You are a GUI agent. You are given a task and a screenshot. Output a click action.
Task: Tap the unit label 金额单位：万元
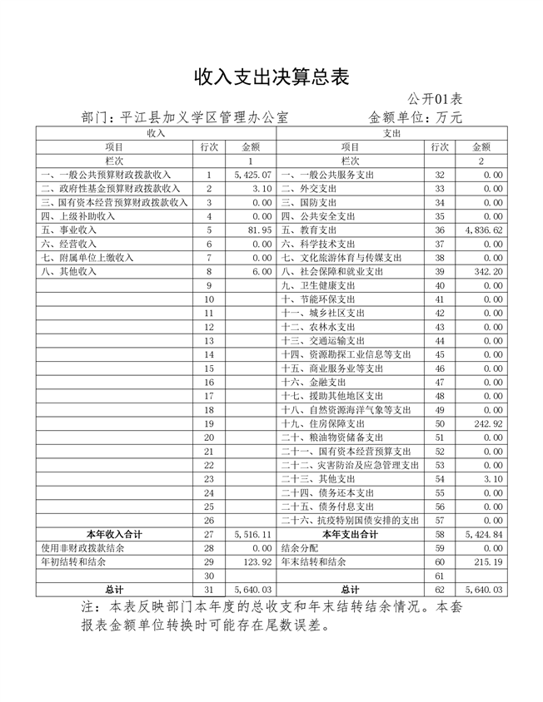pos(416,117)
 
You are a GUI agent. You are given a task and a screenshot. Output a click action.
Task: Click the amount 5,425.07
pos(254,175)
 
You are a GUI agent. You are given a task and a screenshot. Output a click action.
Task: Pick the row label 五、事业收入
pos(68,230)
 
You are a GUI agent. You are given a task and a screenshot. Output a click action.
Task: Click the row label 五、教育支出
pos(308,230)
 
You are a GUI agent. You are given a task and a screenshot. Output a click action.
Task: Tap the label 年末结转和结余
pos(314,562)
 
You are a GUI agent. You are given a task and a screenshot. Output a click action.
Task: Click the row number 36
pos(440,230)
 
